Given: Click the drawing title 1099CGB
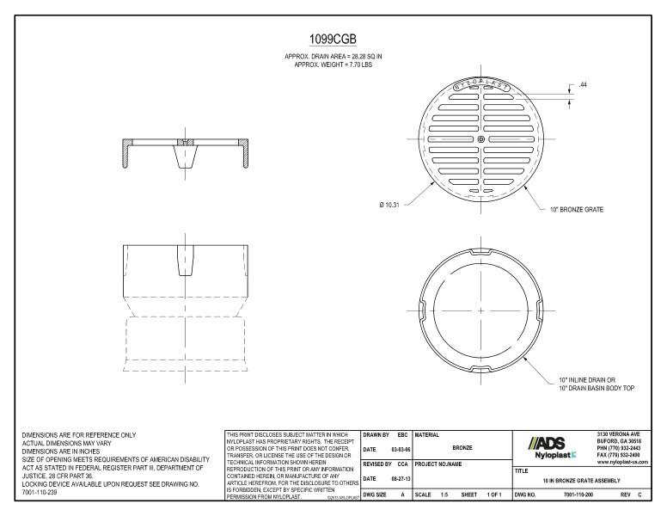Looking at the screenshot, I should coord(332,40).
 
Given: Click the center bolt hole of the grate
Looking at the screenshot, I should coord(481,139).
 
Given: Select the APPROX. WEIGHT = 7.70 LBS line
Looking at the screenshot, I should coord(332,64).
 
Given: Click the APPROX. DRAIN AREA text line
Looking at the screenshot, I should coord(332,57).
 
